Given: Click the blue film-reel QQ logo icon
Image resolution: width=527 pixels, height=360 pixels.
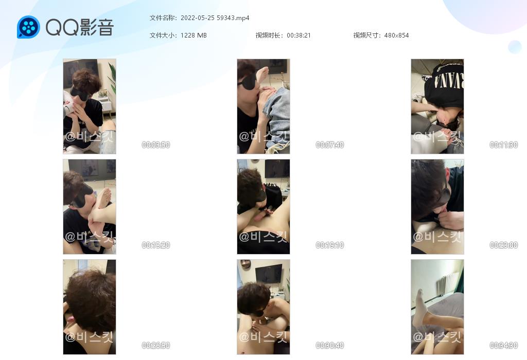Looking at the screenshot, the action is click(28, 27).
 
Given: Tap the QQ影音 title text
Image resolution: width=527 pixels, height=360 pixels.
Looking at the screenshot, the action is click(80, 27).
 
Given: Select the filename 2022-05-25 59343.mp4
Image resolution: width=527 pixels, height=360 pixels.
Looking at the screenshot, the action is click(215, 18).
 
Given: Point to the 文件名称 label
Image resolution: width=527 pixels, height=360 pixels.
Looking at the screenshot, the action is click(163, 18).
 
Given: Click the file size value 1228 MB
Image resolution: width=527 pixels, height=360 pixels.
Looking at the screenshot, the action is click(194, 35).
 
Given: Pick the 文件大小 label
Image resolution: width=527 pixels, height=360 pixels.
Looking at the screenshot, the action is click(163, 35).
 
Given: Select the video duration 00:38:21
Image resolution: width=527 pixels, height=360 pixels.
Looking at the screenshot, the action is click(299, 35).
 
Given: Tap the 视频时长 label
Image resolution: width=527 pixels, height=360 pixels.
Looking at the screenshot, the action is click(269, 35).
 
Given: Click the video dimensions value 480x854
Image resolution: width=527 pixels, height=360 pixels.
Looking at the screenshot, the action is click(397, 35).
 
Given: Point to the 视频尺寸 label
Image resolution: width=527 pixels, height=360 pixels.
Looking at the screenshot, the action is click(366, 35).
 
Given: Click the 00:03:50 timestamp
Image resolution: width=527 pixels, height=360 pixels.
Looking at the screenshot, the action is click(155, 145).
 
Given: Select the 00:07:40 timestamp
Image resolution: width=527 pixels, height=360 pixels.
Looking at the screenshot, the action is click(330, 145).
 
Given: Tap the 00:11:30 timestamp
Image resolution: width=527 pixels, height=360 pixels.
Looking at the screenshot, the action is click(503, 145).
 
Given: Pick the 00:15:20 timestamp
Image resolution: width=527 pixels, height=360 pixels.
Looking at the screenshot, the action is click(155, 245).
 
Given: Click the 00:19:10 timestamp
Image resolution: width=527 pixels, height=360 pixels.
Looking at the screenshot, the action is click(330, 245).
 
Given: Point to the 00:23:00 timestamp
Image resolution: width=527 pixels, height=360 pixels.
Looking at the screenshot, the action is click(503, 245).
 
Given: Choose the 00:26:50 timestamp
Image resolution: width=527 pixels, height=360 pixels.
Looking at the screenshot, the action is click(155, 345).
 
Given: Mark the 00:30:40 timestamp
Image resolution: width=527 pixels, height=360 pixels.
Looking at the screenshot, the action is click(330, 345).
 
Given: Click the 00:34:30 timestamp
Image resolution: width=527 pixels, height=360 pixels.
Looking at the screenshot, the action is click(503, 345).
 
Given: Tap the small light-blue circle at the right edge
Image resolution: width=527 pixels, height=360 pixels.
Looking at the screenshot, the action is click(515, 47).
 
